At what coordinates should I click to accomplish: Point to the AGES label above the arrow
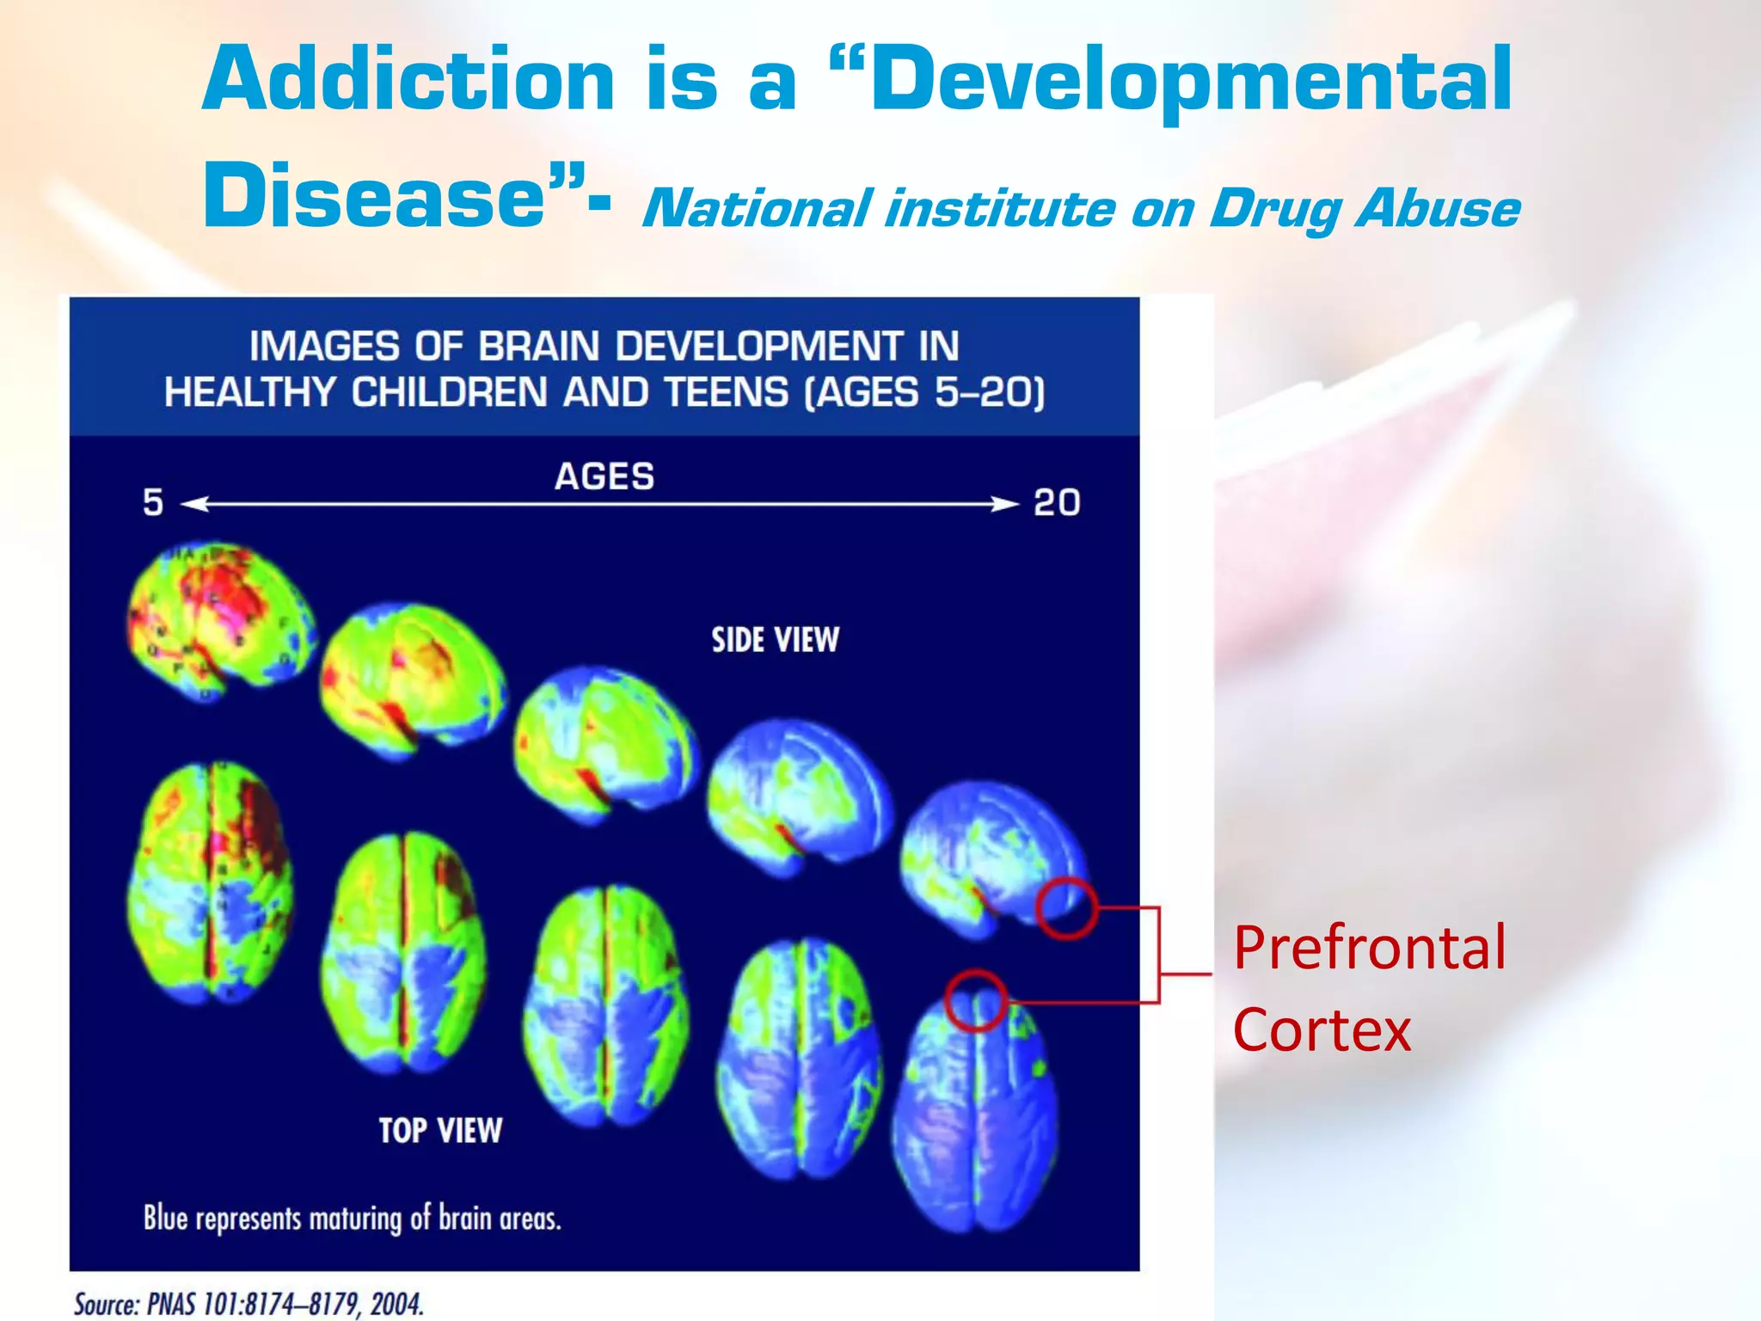604,476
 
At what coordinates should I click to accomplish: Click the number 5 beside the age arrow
153,502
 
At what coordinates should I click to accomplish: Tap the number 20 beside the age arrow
1057,502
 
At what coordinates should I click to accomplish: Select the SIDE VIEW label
775,640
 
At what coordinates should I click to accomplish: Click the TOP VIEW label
440,1130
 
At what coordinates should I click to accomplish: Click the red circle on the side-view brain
1066,908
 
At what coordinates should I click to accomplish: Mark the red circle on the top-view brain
976,1001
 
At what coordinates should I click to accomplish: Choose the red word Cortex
1322,1029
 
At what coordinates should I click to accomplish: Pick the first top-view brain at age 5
211,882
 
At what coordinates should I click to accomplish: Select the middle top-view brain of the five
606,1005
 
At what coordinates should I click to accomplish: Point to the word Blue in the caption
165,1219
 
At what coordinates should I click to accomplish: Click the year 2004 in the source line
396,1304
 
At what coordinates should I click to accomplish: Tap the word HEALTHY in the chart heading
249,393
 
